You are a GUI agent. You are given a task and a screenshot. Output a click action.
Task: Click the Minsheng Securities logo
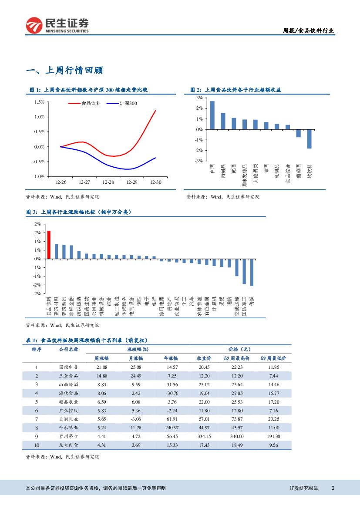(57, 25)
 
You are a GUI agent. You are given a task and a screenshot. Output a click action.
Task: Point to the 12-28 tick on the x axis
(108, 182)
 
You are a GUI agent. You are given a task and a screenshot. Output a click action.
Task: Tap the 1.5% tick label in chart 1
(39, 102)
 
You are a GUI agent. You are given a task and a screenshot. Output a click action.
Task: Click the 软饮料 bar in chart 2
(310, 139)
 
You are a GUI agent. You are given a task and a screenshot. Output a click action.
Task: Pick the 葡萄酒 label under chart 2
(299, 172)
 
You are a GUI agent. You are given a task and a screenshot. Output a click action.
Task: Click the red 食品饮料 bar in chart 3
(49, 245)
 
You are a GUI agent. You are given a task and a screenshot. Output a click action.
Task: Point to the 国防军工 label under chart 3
(244, 306)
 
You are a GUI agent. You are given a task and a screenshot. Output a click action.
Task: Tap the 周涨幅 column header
(101, 358)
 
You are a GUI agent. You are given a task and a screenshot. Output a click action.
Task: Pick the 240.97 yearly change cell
(172, 428)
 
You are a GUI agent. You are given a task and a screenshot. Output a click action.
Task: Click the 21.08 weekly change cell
(101, 367)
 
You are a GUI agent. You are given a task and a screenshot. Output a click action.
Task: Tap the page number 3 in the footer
(333, 488)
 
